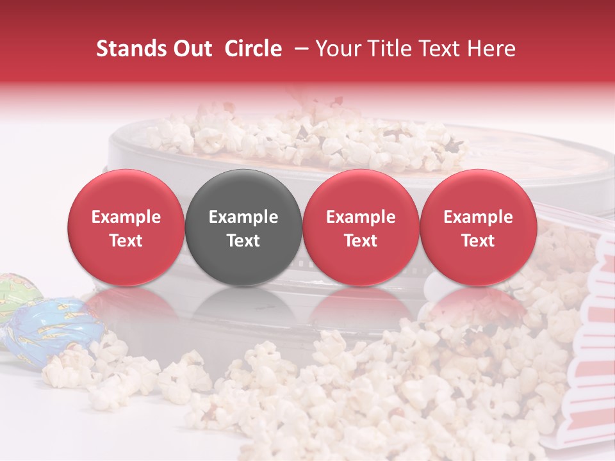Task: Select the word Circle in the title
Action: point(253,49)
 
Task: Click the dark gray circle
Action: point(243,227)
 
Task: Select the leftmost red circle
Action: point(126,227)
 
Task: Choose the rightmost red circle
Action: point(478,227)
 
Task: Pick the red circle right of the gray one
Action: point(361,227)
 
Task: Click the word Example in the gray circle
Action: point(243,217)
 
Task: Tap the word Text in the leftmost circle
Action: point(126,241)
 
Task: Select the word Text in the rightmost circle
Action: point(478,241)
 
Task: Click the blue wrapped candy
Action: point(54,330)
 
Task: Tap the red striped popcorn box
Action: point(586,359)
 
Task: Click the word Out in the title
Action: point(193,49)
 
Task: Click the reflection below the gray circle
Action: point(243,307)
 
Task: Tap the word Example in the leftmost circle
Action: point(126,217)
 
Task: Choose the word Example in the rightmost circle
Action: point(478,217)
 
